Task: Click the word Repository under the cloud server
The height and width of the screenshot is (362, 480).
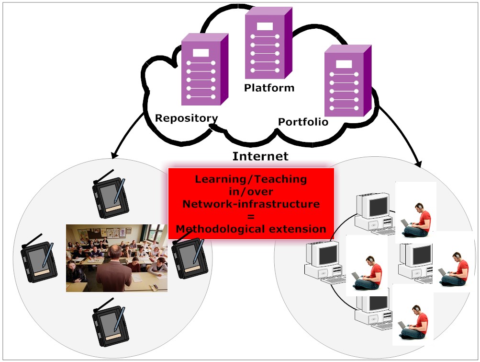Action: tap(186, 118)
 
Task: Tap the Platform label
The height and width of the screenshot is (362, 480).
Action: tap(269, 88)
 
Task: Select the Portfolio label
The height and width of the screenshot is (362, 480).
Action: tap(303, 122)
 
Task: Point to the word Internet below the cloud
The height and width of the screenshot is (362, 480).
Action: tap(260, 156)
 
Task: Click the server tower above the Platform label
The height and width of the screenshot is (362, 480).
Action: tap(268, 43)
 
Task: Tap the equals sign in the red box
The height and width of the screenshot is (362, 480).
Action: tap(251, 216)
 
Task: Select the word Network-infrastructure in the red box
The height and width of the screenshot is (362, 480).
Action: tap(251, 204)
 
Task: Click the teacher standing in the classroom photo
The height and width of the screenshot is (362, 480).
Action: tap(114, 269)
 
